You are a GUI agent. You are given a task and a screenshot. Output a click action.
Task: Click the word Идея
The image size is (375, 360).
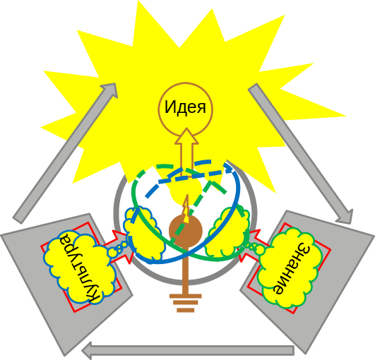(x=185, y=107)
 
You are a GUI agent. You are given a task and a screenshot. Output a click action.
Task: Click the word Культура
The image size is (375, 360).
(x=80, y=267)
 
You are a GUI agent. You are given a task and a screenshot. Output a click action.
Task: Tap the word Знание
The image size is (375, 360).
(x=292, y=268)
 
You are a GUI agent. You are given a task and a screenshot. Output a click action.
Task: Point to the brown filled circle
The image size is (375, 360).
(x=186, y=231)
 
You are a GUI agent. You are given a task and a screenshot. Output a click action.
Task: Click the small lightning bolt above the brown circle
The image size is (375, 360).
(x=186, y=208)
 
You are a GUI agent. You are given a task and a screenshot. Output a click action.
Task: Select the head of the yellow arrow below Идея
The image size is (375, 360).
(x=186, y=136)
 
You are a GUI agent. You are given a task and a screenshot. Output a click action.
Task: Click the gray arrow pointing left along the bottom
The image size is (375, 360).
(x=188, y=351)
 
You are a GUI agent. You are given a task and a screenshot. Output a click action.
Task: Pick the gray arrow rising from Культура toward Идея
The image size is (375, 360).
(x=65, y=153)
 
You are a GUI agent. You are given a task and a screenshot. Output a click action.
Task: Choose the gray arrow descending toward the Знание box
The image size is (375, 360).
(x=300, y=153)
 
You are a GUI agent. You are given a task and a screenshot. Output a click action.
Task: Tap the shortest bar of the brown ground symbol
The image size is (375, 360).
(x=186, y=311)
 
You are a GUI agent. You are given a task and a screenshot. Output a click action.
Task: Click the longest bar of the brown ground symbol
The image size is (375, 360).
(x=186, y=296)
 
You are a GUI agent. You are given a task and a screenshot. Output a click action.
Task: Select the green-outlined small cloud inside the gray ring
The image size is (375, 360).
(x=227, y=232)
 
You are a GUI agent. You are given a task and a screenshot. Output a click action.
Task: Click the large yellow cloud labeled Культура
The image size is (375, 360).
(x=80, y=267)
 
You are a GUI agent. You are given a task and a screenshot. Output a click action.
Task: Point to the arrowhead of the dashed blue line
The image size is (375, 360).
(x=230, y=168)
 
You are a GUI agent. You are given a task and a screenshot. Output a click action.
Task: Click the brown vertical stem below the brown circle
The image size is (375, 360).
(x=185, y=270)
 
